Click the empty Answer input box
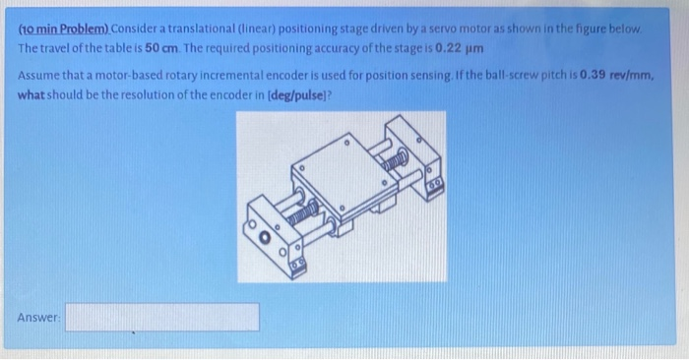(162, 317)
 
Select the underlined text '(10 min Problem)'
(59, 30)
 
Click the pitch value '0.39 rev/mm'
(618, 74)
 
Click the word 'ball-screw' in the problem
(532, 74)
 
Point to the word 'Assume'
(39, 74)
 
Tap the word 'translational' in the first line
(206, 30)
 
